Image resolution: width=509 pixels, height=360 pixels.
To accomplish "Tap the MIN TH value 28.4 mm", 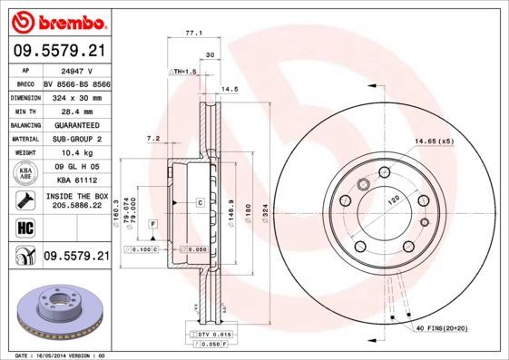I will coord(75,109).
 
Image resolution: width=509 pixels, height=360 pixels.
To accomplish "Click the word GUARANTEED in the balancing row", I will coord(75,123).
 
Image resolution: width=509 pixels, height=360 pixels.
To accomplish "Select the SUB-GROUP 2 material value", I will coord(75,138).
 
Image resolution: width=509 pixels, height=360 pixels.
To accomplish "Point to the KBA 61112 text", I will coord(75,181).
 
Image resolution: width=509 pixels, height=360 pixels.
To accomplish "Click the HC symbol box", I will coord(24,227).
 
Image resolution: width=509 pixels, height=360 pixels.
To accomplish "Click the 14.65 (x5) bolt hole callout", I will coord(434,141).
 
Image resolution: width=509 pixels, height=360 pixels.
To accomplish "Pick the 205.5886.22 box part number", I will coord(75,206).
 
